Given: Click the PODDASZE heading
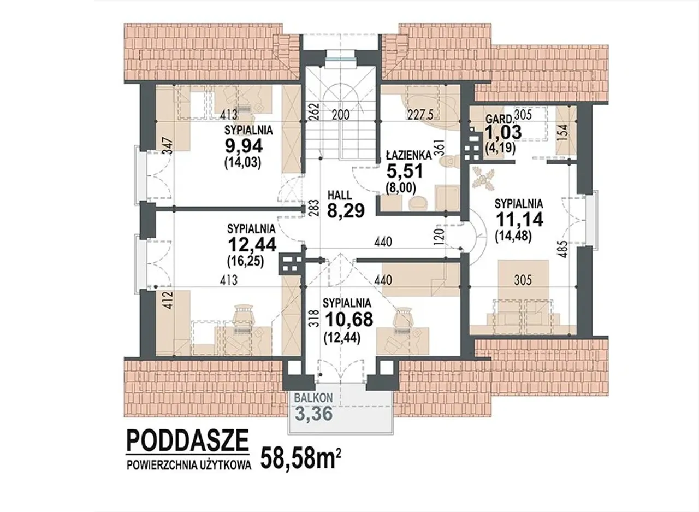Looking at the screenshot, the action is [x=187, y=440].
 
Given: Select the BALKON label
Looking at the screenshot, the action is [x=313, y=398].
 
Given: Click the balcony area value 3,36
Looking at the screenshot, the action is [x=313, y=414].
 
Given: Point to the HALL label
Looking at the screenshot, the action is [x=340, y=195].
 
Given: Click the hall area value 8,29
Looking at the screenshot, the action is [x=346, y=211].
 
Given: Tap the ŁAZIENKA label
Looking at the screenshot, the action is [x=409, y=155].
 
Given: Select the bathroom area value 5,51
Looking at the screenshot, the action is [x=405, y=171].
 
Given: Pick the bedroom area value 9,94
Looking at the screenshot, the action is [x=244, y=146].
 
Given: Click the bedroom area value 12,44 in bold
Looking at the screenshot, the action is [x=252, y=244].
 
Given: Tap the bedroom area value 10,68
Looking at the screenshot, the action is [x=349, y=319].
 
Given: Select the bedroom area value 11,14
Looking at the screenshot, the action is [x=519, y=219].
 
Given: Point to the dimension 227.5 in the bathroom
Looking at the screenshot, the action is [x=421, y=115].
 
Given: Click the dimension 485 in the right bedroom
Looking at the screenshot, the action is [x=563, y=249].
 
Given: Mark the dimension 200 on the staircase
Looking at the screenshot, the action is [x=340, y=115].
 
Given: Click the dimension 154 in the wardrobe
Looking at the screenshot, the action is [x=562, y=133].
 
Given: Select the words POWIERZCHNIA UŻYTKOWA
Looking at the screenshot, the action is [x=189, y=466].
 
